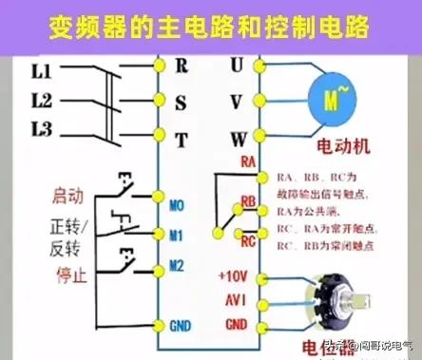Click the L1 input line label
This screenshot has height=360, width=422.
pos(43,69)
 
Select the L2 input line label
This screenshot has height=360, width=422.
pos(43,100)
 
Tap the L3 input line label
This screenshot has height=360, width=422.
pos(43,129)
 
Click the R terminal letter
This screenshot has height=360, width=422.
pos(181,66)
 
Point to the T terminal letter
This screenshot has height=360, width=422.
pos(181,138)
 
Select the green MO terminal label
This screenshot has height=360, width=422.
pos(178,204)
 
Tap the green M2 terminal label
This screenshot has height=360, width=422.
pos(178,264)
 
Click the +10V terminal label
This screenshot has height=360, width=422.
pos(234,276)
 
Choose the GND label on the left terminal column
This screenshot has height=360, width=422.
pos(180,325)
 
